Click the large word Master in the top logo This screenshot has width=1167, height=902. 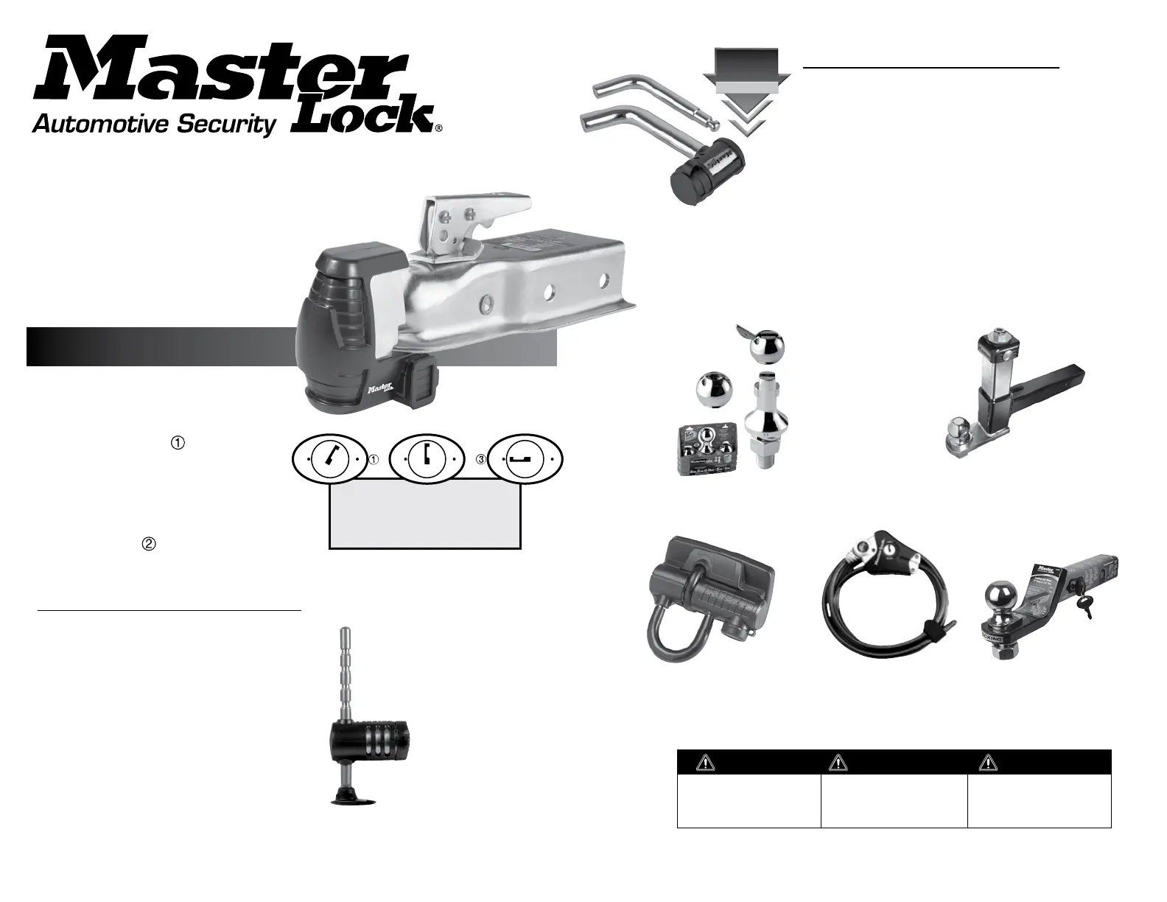point(221,70)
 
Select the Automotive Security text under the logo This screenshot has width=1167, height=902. point(153,125)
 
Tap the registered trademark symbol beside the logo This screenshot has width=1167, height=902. point(439,127)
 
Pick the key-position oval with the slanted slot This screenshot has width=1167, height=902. point(329,458)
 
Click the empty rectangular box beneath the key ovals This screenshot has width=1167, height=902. point(425,514)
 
